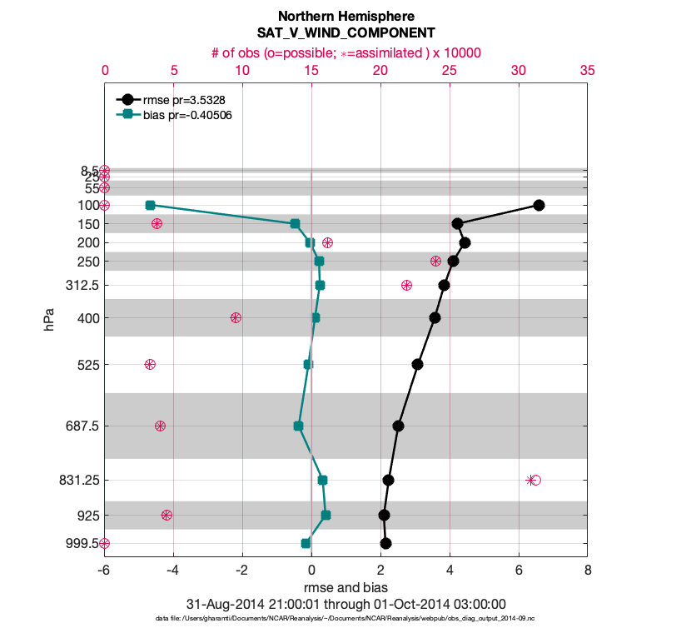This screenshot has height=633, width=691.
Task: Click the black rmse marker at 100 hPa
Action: click(x=539, y=205)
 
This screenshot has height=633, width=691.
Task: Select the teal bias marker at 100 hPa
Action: click(x=150, y=205)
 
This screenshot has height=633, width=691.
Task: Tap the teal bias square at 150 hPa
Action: click(x=295, y=223)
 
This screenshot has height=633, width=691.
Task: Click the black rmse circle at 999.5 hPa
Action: click(x=385, y=543)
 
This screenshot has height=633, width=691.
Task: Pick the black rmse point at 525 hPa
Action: click(x=417, y=364)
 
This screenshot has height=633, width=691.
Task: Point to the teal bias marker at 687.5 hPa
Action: click(x=298, y=426)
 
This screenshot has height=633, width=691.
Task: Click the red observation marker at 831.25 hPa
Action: click(x=533, y=480)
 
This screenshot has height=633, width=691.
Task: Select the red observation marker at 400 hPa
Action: click(x=236, y=317)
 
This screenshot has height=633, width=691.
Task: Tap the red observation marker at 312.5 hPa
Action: click(x=406, y=285)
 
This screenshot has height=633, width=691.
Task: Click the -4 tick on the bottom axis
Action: click(x=173, y=571)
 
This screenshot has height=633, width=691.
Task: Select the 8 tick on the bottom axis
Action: click(x=588, y=571)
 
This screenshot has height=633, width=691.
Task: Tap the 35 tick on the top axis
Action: click(x=587, y=72)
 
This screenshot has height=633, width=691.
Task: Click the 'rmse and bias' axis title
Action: click(x=345, y=588)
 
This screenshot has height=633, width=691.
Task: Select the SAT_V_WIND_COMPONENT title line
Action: click(x=345, y=33)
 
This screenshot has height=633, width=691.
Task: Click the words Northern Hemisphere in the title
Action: click(x=345, y=17)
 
